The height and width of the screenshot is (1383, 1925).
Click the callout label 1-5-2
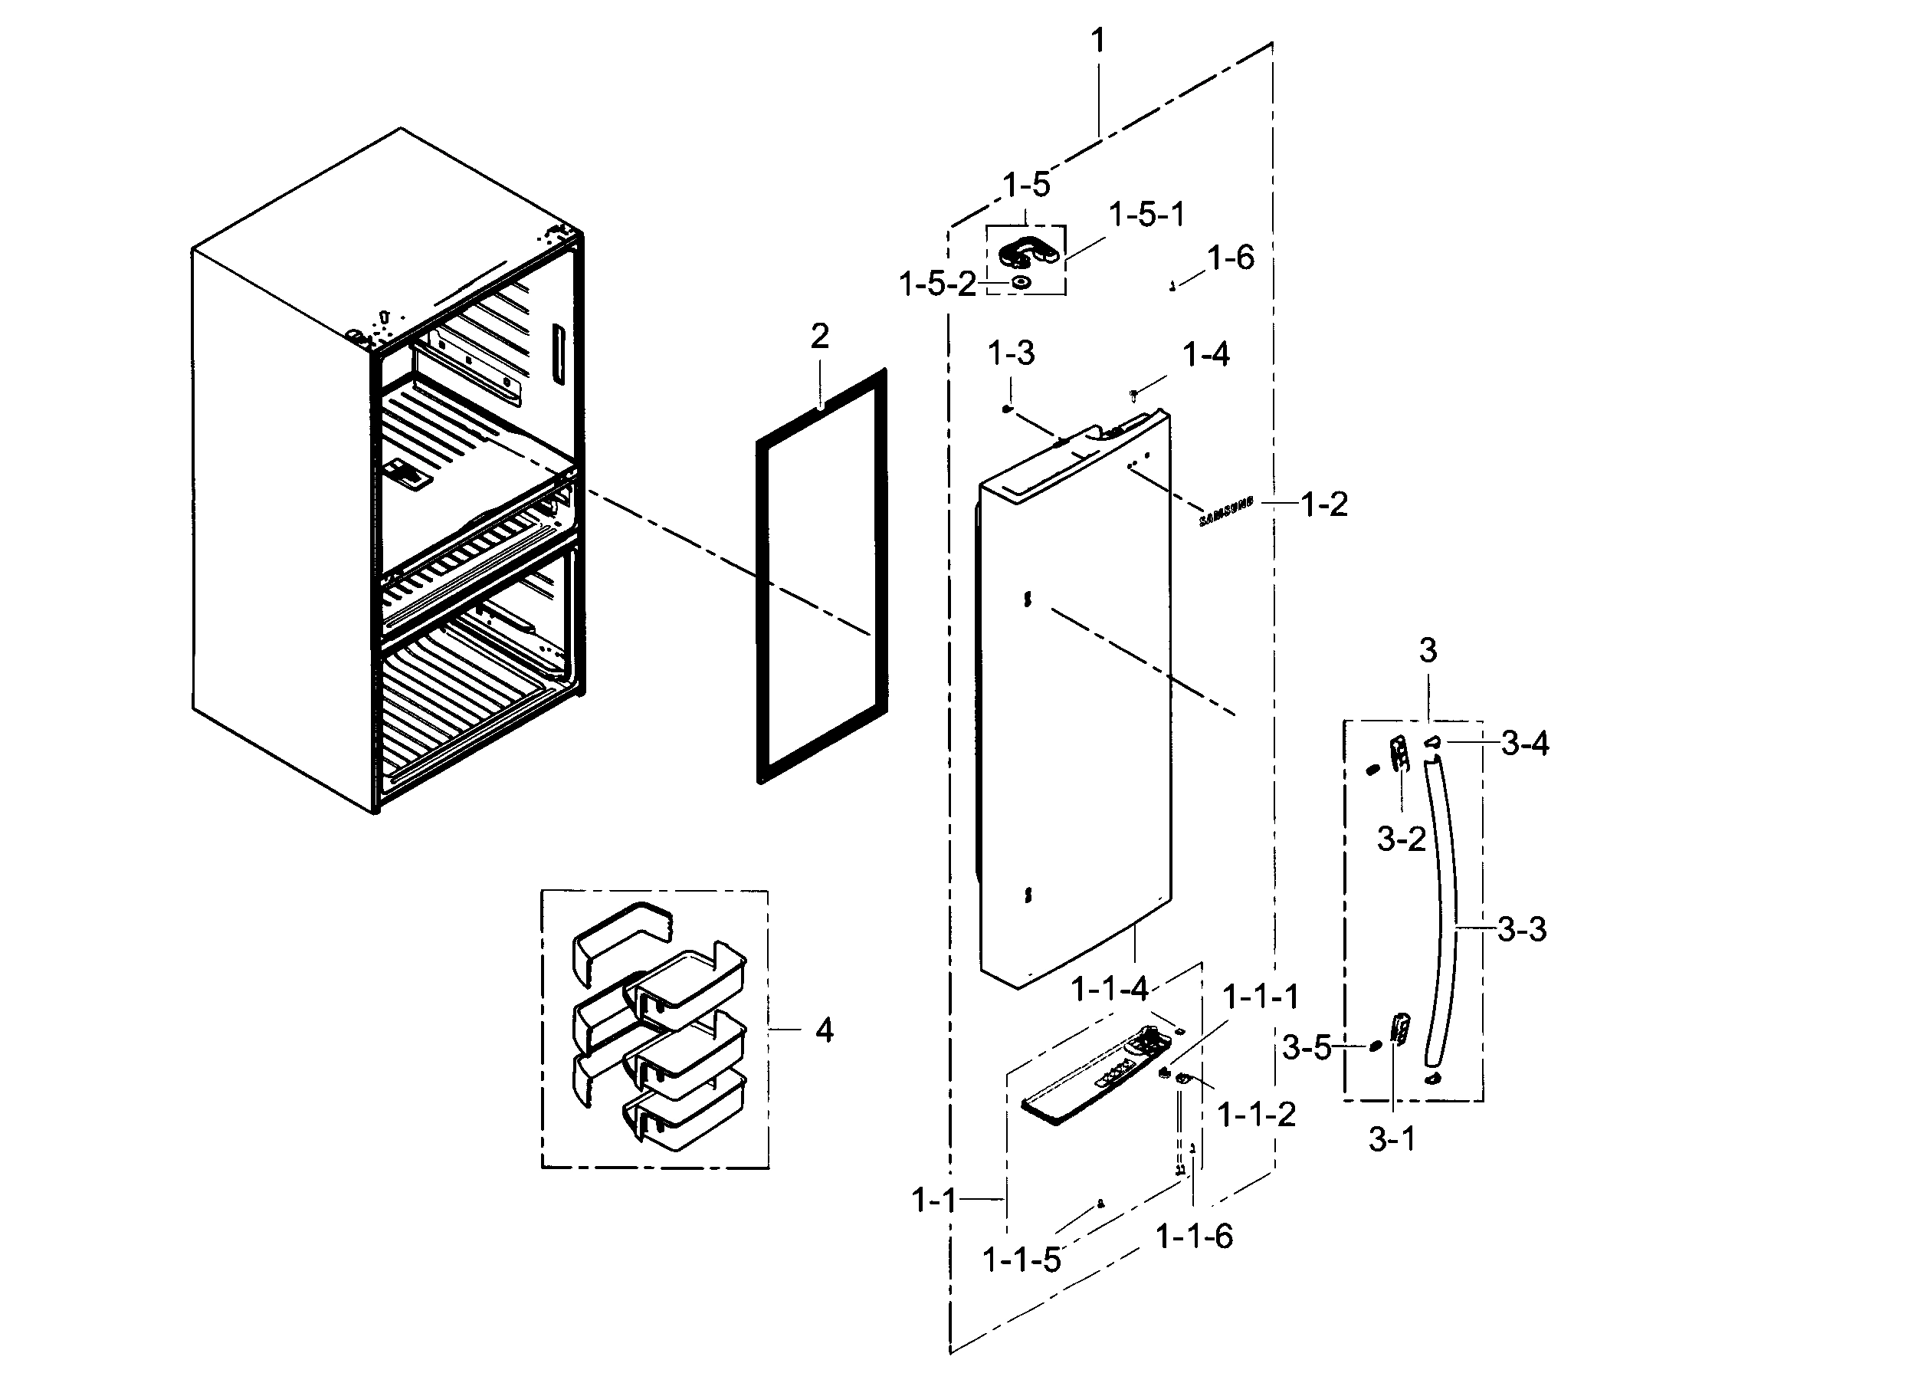coord(937,284)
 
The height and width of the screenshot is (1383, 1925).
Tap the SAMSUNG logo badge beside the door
coord(1225,512)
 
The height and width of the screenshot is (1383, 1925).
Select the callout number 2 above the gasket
coord(819,337)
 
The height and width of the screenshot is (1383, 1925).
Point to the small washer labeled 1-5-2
coord(1021,283)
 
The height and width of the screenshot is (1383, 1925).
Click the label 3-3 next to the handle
coord(1521,930)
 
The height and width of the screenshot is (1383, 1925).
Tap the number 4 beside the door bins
coord(824,1030)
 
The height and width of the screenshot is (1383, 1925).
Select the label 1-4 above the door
coord(1205,354)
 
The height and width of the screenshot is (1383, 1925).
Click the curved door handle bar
coord(1444,917)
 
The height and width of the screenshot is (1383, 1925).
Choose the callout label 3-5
coord(1305,1049)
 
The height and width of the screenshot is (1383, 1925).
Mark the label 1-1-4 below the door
coord(1110,989)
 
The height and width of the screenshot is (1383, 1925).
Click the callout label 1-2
coord(1324,504)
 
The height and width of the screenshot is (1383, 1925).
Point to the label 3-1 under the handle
coord(1392,1139)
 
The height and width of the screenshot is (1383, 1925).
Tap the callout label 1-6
coord(1230,258)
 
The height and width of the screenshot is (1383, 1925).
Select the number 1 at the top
coord(1098,40)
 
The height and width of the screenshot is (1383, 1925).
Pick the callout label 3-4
coord(1524,744)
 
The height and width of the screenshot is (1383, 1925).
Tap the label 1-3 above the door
coord(1011,353)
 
